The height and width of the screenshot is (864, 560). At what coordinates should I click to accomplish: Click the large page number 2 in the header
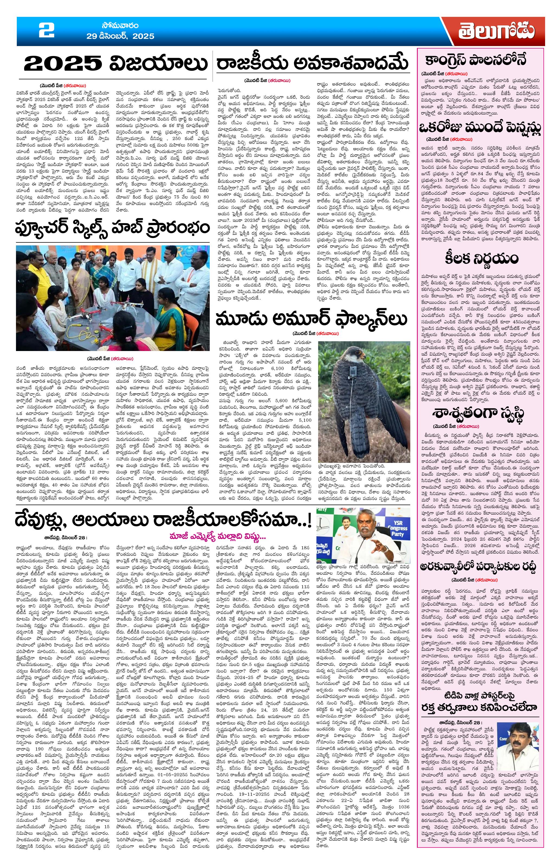click(47, 31)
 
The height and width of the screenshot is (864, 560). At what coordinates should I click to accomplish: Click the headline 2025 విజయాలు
click(113, 64)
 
